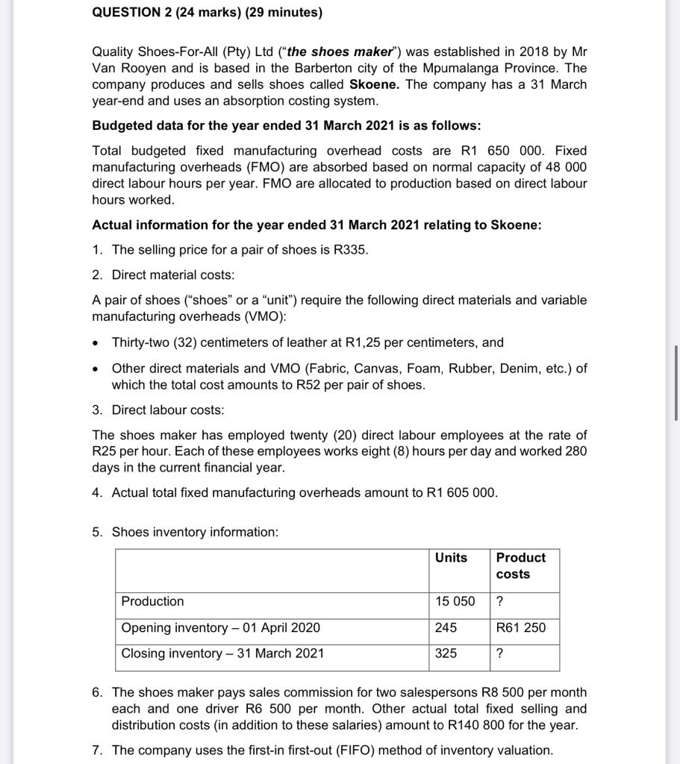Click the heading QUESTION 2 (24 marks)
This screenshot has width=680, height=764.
point(208,13)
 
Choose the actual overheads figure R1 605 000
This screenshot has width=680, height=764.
point(461,492)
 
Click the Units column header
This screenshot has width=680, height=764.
point(451,557)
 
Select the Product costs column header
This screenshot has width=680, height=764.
point(520,566)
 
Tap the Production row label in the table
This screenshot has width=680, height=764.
point(153,601)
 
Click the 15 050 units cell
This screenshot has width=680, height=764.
point(455,601)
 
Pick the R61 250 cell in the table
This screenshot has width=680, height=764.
point(520,627)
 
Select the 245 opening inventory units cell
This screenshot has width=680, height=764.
point(446,627)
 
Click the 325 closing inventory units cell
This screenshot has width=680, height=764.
point(446,654)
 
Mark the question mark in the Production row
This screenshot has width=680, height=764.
point(499,601)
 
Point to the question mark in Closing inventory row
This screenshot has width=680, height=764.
point(499,654)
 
